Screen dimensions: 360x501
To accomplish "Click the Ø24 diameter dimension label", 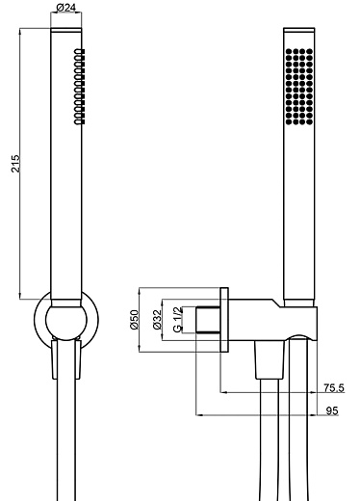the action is pos(66,8).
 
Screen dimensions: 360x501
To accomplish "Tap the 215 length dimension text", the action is pos(15,164).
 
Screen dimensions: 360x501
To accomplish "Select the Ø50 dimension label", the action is pos(135,319).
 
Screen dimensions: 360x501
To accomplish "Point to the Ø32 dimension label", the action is pos(157,319).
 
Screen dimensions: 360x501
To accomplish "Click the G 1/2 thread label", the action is pos(177,320).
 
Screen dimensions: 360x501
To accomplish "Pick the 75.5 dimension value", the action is pos(334,388).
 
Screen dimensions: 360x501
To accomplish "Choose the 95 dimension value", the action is pos(332,410).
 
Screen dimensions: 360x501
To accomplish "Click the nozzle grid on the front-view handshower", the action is pos(299,87).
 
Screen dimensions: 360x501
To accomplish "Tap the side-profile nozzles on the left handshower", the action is pos(79,87).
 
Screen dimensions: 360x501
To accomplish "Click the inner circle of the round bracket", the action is pos(46,320).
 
